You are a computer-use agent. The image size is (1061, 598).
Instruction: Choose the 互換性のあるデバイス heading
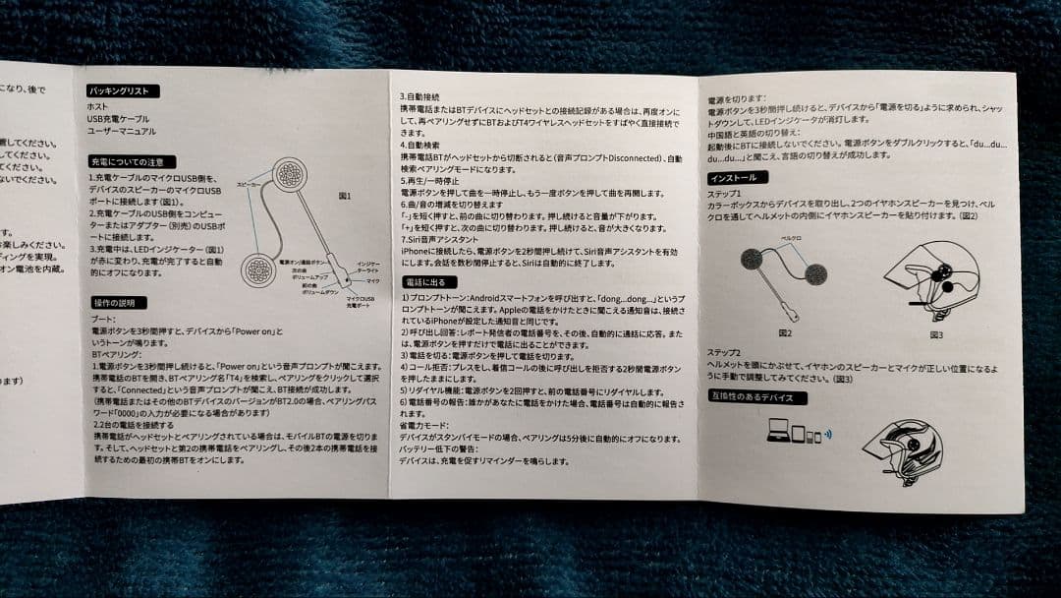click(757, 397)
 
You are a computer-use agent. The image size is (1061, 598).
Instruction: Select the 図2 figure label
click(784, 332)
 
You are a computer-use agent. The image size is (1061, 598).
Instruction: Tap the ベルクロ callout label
click(792, 238)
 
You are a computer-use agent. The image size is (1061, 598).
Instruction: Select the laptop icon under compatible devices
click(775, 431)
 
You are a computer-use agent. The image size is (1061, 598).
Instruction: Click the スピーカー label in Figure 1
click(248, 184)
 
